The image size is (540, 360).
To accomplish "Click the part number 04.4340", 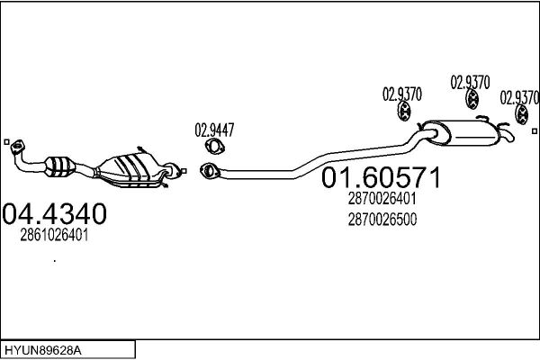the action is (x=54, y=213).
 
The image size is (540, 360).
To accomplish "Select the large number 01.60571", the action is (x=381, y=177).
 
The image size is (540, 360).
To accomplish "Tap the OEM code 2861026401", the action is (x=54, y=235).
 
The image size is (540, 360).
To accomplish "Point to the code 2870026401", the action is (x=382, y=198).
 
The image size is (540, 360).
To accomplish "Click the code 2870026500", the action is (x=382, y=220).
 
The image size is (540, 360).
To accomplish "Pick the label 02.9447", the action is (x=214, y=130).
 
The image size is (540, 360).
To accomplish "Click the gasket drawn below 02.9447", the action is (x=215, y=146).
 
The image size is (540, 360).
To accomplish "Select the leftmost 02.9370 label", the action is (x=402, y=94).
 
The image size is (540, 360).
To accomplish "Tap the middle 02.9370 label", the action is (x=470, y=83).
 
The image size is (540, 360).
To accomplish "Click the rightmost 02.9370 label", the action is (x=519, y=97).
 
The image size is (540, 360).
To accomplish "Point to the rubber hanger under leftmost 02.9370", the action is (x=403, y=112).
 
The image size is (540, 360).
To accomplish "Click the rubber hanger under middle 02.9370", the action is (x=472, y=99).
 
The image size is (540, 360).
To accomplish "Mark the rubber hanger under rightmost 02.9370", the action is (x=522, y=114).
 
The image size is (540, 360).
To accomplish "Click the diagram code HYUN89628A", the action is (x=43, y=351).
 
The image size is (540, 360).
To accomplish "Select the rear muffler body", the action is (x=462, y=133).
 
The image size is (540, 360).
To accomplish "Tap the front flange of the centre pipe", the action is (x=209, y=170).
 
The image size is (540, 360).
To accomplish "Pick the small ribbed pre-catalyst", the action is (x=60, y=166).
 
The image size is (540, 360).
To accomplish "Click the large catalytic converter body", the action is (x=129, y=169).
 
